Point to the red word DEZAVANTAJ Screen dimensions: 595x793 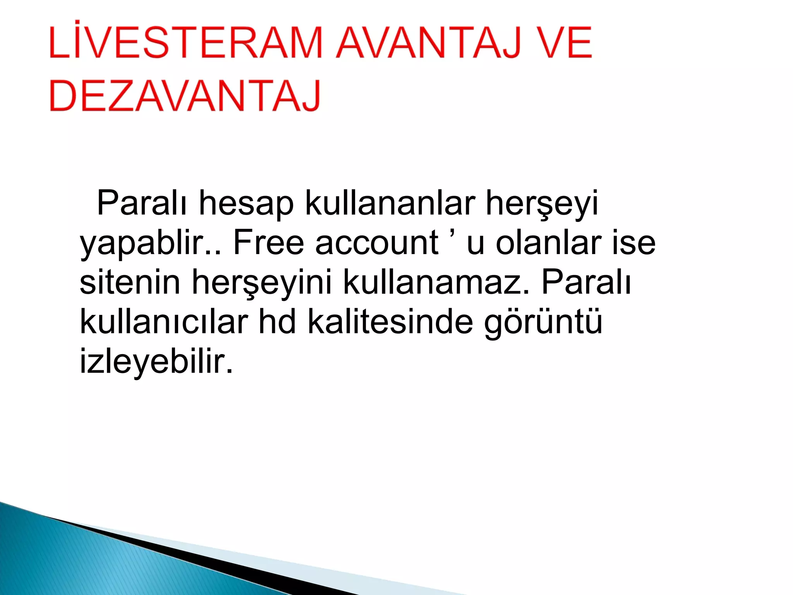185,96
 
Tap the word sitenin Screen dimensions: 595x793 130,282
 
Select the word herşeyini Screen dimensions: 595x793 262,283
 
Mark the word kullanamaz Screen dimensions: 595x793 436,282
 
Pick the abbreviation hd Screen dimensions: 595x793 277,322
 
